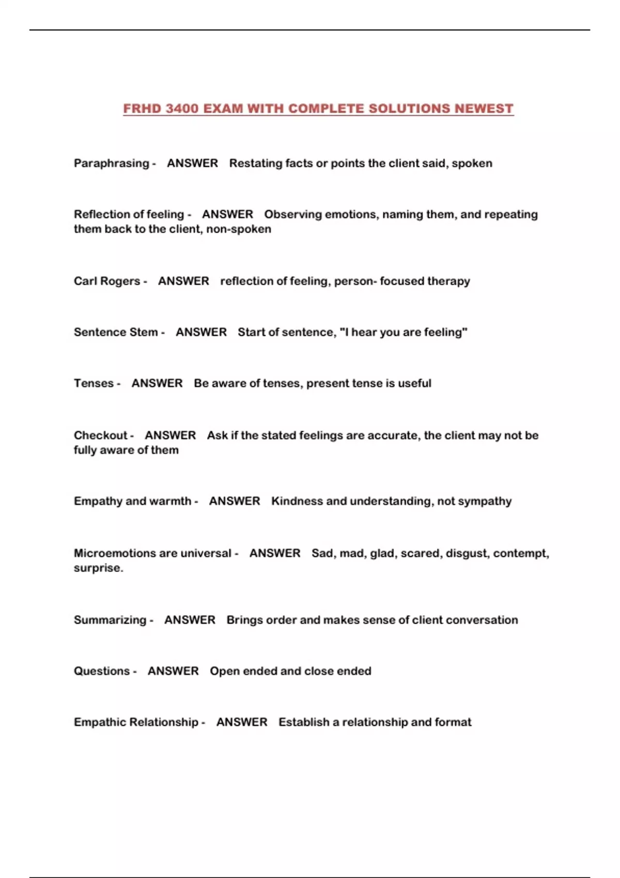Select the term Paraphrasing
pos(111,163)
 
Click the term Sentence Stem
pos(116,332)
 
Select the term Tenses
pos(94,383)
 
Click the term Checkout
pos(100,435)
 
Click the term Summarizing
pos(110,620)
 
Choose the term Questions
pos(102,671)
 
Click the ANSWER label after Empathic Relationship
pos(242,722)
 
